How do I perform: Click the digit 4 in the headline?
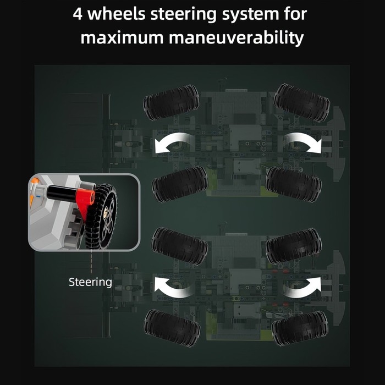point(78,14)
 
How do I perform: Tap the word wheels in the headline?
point(117,14)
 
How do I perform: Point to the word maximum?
point(122,38)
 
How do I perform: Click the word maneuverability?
point(237,38)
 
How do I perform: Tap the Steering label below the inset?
point(90,282)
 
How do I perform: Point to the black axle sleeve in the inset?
point(62,193)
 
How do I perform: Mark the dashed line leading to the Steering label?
point(91,261)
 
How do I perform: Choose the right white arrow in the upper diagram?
point(304,142)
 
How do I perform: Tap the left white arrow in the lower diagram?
point(171,287)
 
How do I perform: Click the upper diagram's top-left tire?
point(171,102)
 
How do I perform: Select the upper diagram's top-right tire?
point(302,103)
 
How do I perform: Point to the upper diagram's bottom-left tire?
point(180,184)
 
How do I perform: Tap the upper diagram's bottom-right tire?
point(293,184)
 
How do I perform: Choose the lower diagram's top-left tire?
point(180,246)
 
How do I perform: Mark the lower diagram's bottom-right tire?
point(300,328)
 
